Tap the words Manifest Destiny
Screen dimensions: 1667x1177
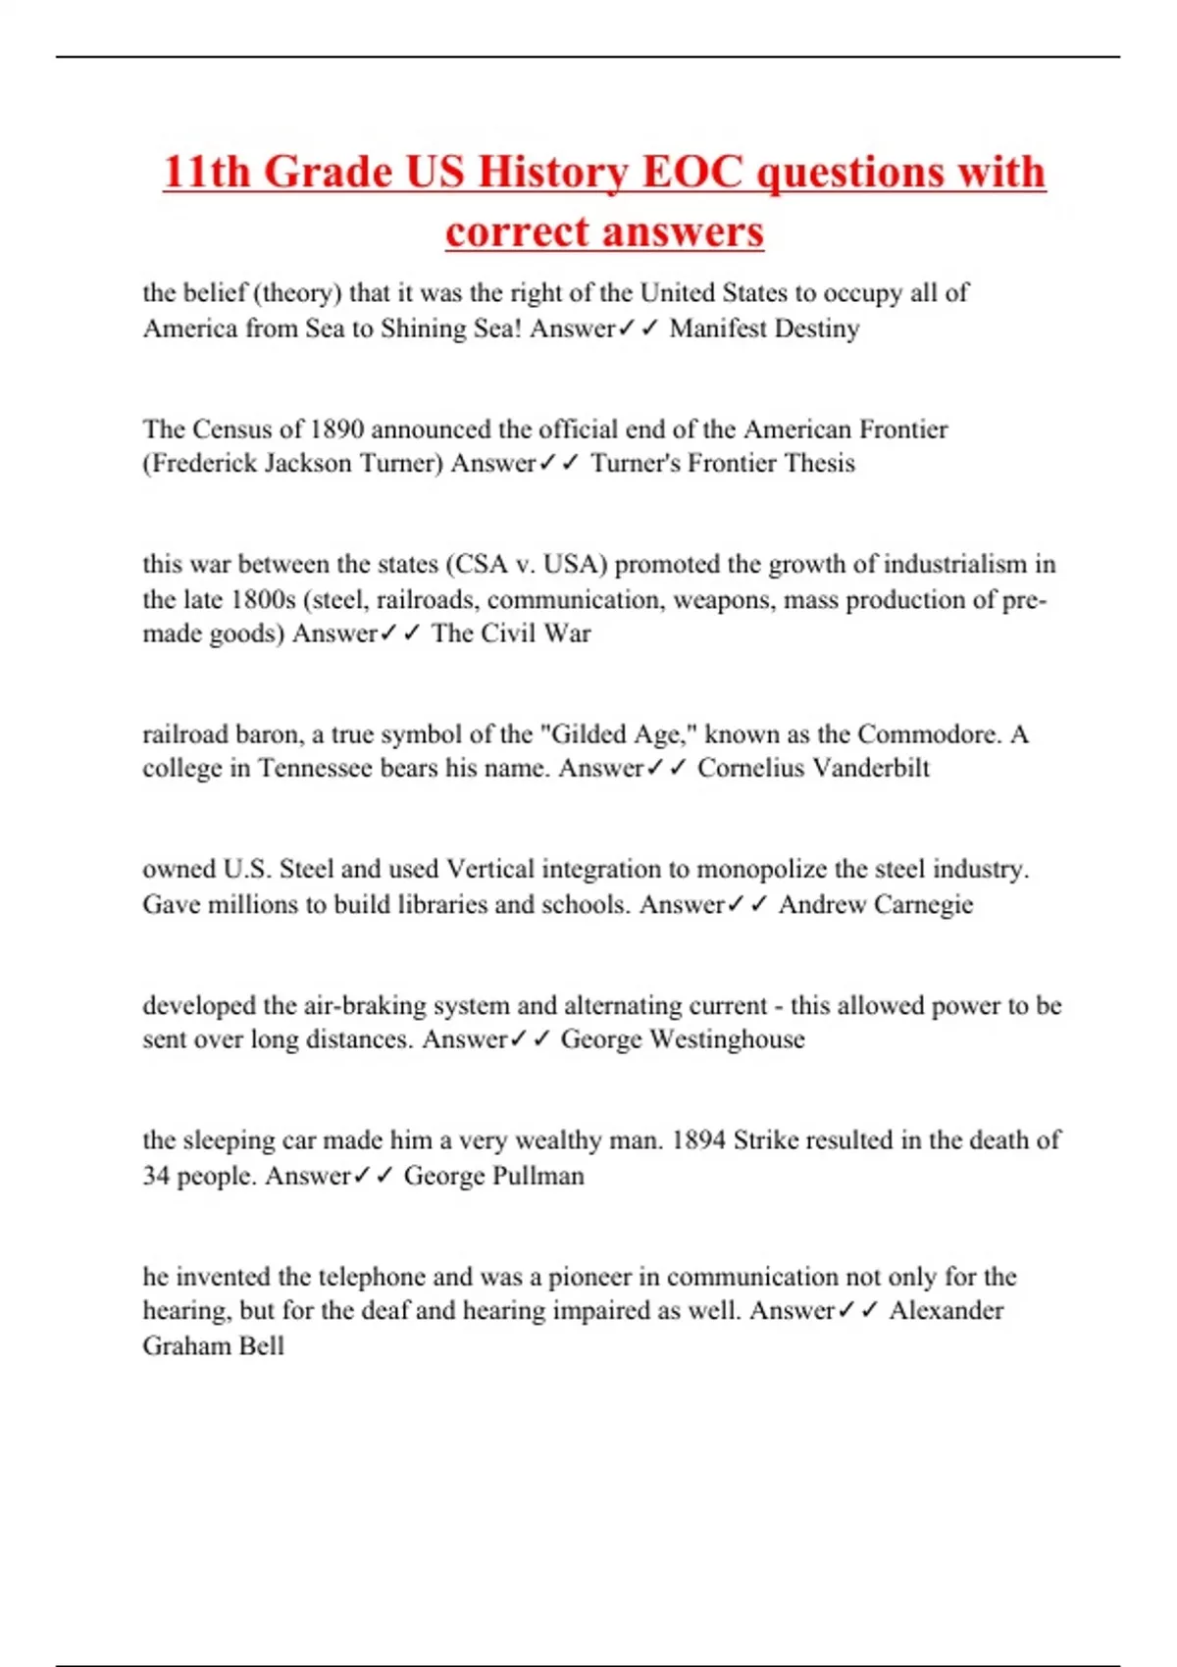click(764, 328)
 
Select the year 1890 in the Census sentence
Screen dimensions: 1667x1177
click(336, 429)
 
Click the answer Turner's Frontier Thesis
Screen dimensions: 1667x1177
click(722, 463)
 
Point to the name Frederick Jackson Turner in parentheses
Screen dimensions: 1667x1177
click(293, 463)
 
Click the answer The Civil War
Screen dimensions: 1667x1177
click(511, 633)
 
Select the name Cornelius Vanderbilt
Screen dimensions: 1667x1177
click(813, 768)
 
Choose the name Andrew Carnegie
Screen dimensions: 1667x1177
click(876, 904)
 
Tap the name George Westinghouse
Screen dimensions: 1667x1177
click(683, 1039)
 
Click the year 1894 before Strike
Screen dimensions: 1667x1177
click(698, 1140)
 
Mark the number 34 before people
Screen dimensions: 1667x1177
click(157, 1176)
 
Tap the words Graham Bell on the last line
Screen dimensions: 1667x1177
click(214, 1345)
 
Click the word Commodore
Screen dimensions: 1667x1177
click(927, 734)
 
